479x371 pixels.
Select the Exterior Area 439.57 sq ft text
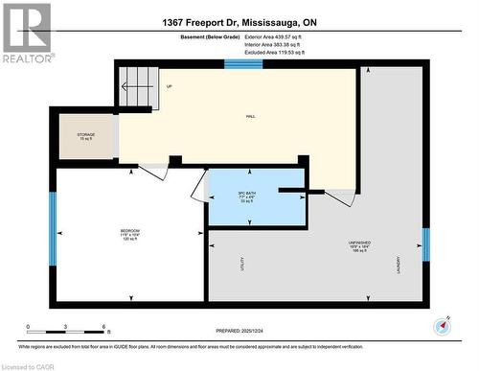click(x=286, y=35)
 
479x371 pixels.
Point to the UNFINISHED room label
click(x=358, y=243)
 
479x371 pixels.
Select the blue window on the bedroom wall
click(x=53, y=233)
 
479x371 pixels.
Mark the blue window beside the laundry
click(x=425, y=243)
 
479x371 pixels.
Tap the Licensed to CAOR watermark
click(x=29, y=364)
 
